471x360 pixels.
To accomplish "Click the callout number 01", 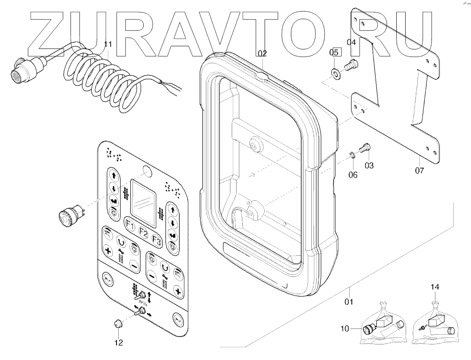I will coord(348,302).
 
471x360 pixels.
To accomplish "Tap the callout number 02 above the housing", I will coord(262,53).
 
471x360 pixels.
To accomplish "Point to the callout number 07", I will coord(420,170).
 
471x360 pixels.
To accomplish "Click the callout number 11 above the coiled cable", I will coord(108,44).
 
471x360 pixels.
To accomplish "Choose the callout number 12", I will coord(118,343).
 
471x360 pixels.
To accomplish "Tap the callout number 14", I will coord(435,288).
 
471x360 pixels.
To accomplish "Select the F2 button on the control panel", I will coord(143,231).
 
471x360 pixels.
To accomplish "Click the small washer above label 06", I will coord(352,155).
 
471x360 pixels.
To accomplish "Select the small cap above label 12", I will coord(118,323).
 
